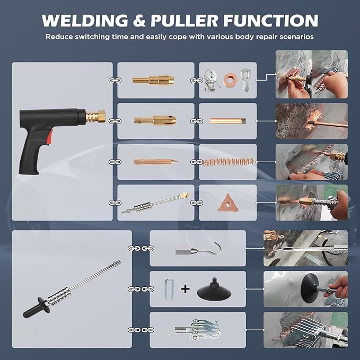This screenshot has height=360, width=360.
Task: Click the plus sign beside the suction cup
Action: [x=185, y=289]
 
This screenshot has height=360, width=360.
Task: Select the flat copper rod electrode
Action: [x=227, y=121]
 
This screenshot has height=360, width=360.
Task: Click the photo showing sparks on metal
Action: [x=311, y=121]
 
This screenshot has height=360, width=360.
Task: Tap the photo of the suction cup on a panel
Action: [x=305, y=288]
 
